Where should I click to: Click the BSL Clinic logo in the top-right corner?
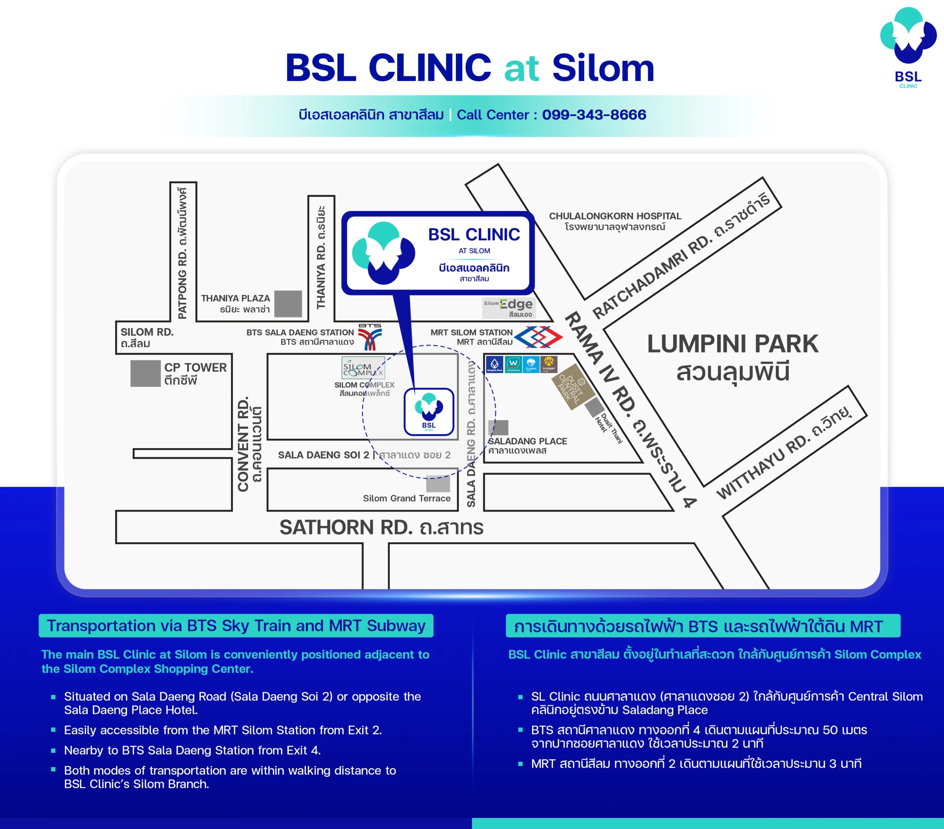[x=908, y=46]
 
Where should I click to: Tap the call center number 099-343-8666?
[x=594, y=115]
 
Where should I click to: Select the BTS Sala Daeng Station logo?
[x=370, y=337]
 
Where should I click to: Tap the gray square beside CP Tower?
[x=145, y=373]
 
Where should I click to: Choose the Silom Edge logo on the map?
[x=508, y=308]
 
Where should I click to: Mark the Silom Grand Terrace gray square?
[x=438, y=483]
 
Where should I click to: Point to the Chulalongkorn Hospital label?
[x=615, y=221]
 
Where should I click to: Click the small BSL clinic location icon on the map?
[x=428, y=412]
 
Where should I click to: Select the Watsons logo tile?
[x=513, y=364]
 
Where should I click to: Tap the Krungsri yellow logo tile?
[x=549, y=364]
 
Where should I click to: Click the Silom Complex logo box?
[x=363, y=368]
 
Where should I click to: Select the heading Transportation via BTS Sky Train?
[x=236, y=625]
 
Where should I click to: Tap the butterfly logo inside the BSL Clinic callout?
[x=383, y=253]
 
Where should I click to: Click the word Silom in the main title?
[x=603, y=68]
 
